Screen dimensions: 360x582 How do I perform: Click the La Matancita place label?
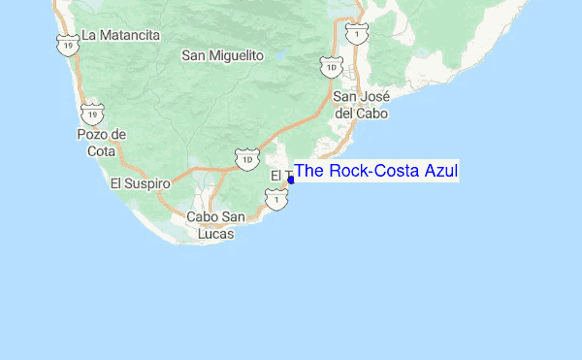(x=120, y=35)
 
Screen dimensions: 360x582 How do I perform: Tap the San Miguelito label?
(x=222, y=56)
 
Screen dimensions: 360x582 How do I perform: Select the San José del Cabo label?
(x=361, y=105)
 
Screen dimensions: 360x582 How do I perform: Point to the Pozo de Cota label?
(x=102, y=142)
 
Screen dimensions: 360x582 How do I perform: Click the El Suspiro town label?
(x=140, y=182)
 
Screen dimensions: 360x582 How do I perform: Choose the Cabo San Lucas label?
(x=215, y=225)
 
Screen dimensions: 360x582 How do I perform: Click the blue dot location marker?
(x=291, y=180)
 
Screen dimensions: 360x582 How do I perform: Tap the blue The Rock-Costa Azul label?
(x=375, y=172)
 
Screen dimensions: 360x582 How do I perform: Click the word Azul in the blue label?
(x=439, y=172)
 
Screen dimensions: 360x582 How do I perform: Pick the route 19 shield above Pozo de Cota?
(x=92, y=114)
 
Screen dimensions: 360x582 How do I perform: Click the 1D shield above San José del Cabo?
(x=332, y=68)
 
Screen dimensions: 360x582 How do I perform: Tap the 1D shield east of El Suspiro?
(x=246, y=157)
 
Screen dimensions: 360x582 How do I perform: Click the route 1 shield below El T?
(x=277, y=199)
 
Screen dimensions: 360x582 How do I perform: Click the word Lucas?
(x=215, y=234)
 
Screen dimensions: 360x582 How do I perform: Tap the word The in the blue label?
(x=310, y=172)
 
